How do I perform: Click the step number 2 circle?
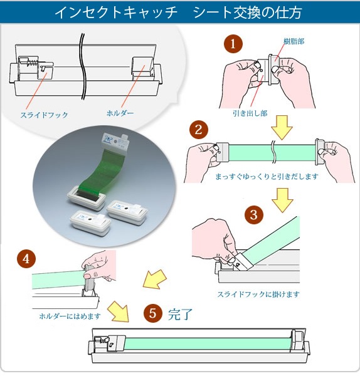coord(198,130)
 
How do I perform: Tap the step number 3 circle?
coord(253,214)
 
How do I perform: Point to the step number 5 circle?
coord(152,313)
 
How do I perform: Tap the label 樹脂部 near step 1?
coord(294,41)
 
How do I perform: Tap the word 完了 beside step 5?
coord(179,313)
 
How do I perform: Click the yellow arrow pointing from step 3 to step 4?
coord(154,278)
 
